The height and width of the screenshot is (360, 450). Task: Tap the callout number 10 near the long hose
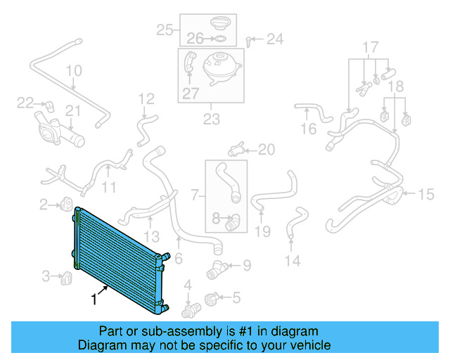(74, 71)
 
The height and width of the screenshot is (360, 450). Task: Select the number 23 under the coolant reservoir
(212, 120)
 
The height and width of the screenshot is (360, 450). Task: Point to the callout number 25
(165, 30)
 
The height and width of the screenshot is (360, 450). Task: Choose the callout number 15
(427, 194)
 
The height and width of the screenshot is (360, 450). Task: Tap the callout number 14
(292, 262)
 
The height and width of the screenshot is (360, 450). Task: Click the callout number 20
(266, 149)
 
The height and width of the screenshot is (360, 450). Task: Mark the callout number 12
(146, 98)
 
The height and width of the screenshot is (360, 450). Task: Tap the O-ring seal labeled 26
(219, 38)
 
